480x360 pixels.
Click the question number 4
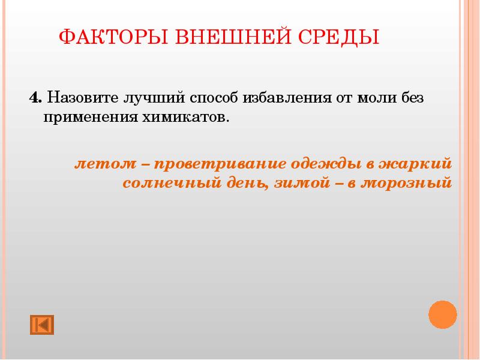click(x=34, y=97)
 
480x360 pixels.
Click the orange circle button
click(x=443, y=314)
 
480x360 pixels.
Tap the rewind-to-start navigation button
click(x=41, y=324)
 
